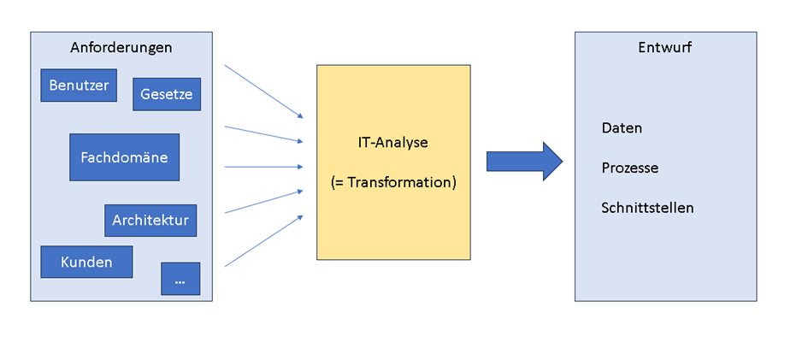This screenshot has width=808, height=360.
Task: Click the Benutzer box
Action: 79,86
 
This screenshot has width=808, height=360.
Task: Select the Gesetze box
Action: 167,94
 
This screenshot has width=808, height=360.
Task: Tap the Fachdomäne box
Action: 124,157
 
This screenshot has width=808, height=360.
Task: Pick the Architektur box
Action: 150,221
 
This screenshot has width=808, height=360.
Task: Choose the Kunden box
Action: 86,262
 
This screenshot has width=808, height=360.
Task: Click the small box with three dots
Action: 180,279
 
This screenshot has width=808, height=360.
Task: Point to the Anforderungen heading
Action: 121,48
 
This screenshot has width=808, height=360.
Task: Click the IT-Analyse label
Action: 392,143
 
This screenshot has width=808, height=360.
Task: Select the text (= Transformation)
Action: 393,182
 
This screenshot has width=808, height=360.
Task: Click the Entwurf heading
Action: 664,48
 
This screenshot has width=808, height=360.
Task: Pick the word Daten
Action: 622,128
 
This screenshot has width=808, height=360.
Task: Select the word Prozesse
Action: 629,168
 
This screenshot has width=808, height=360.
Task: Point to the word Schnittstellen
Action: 647,208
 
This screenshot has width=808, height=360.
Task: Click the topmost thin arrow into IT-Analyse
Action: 263,91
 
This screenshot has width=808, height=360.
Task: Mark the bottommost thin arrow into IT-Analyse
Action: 263,241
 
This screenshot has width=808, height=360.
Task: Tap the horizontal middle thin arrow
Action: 263,167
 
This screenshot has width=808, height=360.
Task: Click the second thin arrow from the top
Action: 263,134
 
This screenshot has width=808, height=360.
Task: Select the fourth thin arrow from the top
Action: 263,202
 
